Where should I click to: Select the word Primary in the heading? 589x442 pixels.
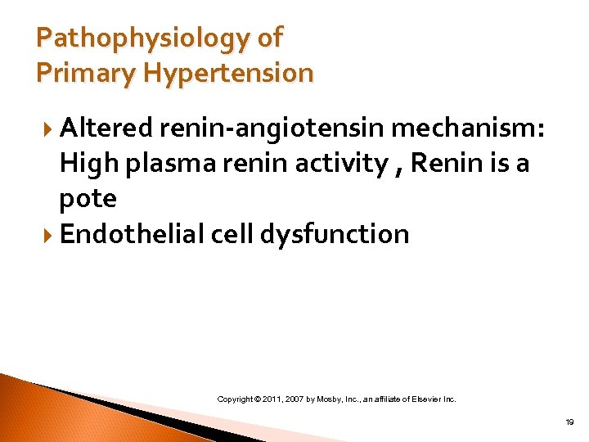tap(77, 73)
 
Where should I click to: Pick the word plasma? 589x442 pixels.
tap(164, 164)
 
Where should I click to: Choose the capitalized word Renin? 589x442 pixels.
tap(443, 163)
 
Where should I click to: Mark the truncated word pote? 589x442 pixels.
tap(88, 199)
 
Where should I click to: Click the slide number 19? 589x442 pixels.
tap(569, 421)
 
